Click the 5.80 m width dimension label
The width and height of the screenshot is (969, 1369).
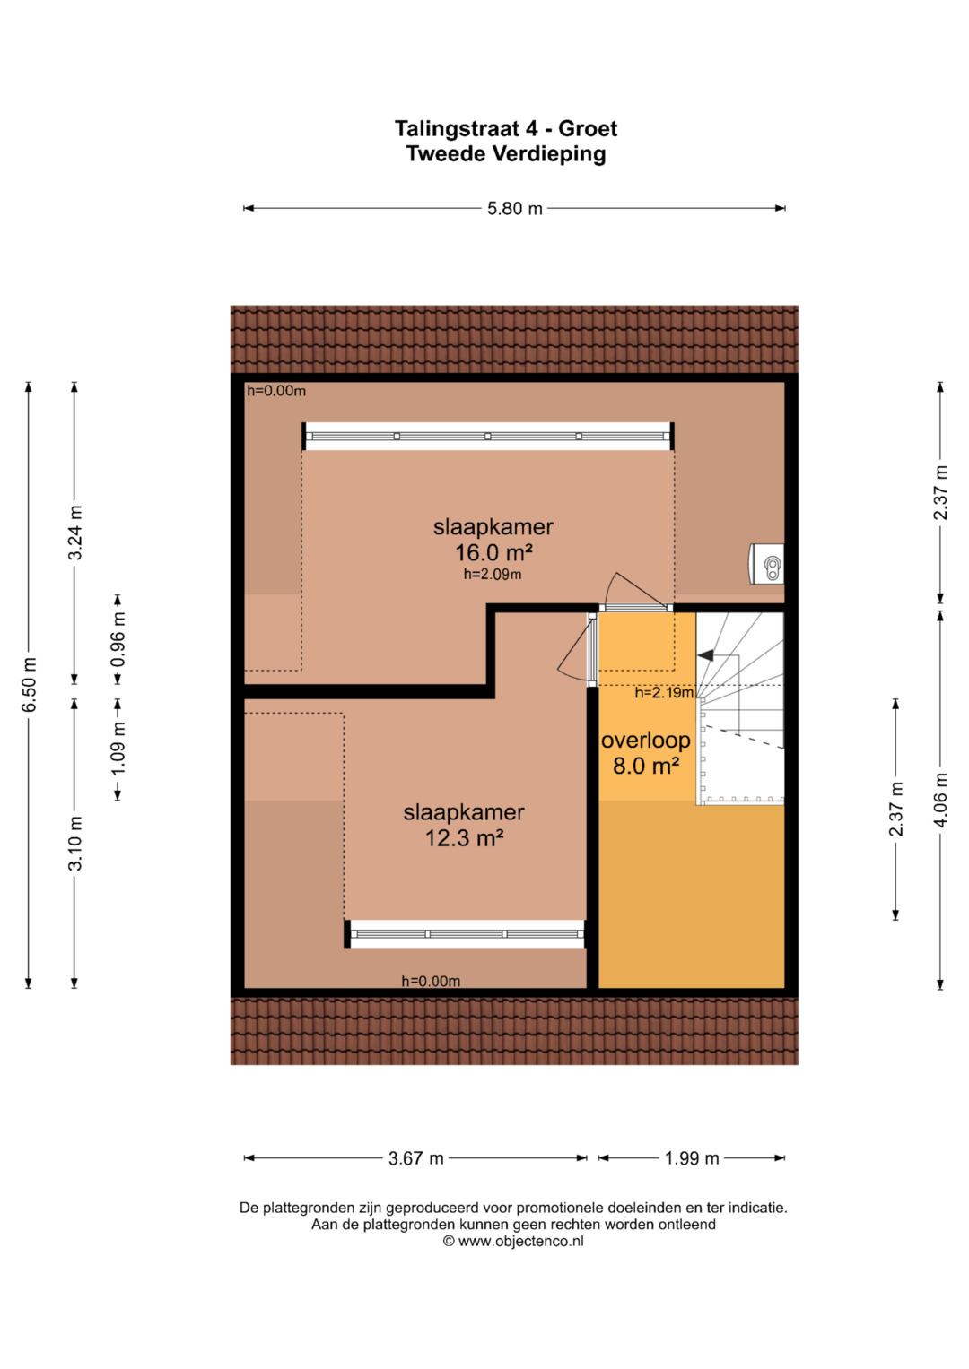514,209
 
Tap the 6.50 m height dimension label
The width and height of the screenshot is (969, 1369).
29,685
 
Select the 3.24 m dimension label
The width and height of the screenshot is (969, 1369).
74,533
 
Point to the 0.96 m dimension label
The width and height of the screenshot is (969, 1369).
118,639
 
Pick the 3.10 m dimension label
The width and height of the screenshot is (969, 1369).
74,843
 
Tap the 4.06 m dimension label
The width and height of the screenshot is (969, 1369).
940,800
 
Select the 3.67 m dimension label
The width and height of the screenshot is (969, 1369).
416,1158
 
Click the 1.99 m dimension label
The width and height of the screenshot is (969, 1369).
692,1158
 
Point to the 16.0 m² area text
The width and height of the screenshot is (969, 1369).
493,552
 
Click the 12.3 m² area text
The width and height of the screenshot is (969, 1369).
464,838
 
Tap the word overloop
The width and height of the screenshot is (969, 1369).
645,741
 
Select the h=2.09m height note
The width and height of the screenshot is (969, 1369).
493,574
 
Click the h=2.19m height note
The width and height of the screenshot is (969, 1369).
664,692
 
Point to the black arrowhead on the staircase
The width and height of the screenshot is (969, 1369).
705,655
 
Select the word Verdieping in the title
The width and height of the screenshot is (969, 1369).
549,154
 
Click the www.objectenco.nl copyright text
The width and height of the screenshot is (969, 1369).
513,1241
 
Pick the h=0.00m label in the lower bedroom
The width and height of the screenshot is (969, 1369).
431,981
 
